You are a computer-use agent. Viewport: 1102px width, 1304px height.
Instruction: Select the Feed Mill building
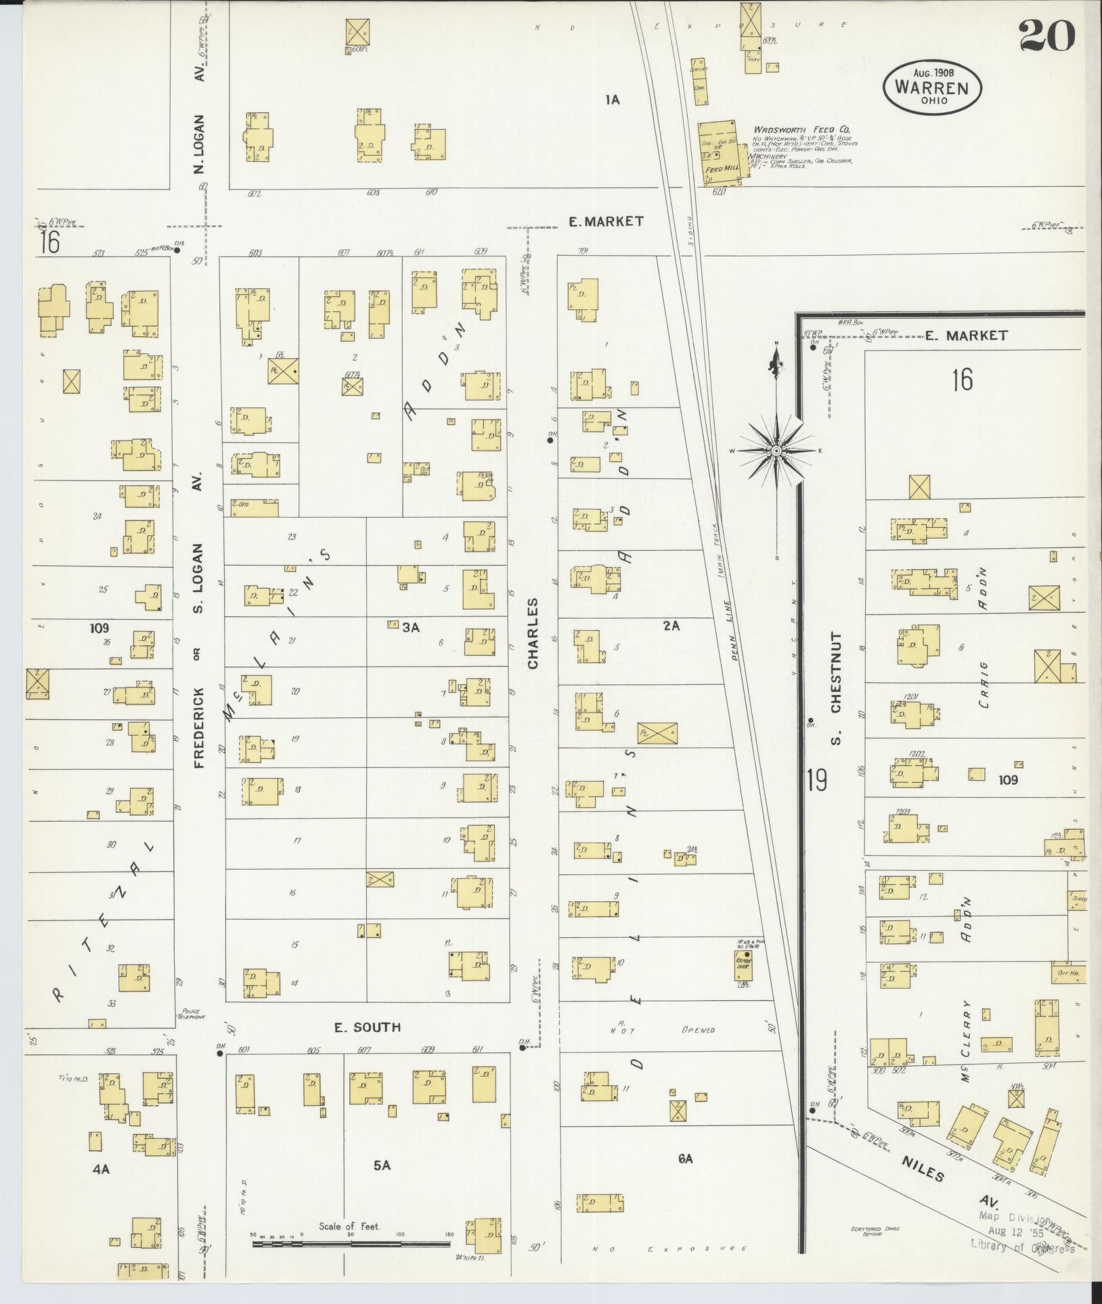coord(721,152)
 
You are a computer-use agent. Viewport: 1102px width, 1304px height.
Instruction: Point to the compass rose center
coord(776,451)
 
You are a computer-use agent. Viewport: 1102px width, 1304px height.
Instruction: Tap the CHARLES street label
coord(533,633)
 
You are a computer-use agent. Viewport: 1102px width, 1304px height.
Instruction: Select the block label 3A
coord(411,627)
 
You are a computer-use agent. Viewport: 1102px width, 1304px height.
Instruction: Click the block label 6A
coord(685,1159)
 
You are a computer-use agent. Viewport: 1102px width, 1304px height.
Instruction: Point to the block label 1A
coord(612,100)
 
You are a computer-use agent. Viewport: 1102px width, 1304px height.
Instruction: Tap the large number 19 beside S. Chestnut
coord(816,780)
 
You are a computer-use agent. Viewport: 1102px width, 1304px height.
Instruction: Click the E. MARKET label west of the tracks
coord(606,221)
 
